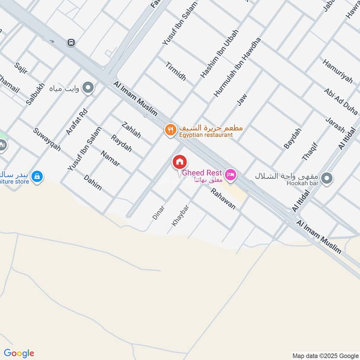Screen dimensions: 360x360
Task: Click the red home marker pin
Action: (x=179, y=162)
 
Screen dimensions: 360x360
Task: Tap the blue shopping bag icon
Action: (x=37, y=177)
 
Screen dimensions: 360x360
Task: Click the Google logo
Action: (x=19, y=353)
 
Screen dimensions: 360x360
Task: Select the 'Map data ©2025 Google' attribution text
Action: (x=324, y=355)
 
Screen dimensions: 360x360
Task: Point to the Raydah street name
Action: (x=121, y=143)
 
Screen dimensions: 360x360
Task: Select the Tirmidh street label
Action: (x=175, y=70)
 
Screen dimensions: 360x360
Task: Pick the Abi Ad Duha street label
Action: (x=341, y=100)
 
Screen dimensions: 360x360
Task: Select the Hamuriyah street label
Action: (x=337, y=70)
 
